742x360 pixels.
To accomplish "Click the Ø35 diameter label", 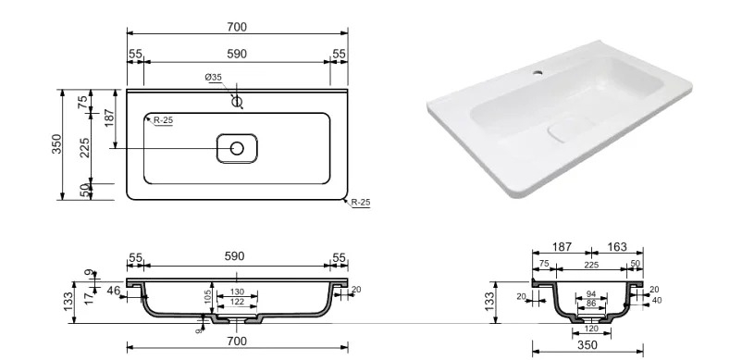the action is click(214, 77).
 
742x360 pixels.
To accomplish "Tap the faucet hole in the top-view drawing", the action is click(237, 101).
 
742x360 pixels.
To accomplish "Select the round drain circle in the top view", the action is click(237, 149).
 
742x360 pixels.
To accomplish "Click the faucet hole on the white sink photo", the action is click(538, 73).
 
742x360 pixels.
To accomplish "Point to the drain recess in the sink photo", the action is click(563, 132).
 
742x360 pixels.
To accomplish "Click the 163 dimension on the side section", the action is click(617, 247).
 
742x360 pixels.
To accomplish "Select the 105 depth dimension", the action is click(207, 297).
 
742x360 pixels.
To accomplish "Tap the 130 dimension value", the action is click(237, 292).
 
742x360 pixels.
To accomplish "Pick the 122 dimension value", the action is click(237, 302).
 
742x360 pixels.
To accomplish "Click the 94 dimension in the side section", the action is click(591, 294).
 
